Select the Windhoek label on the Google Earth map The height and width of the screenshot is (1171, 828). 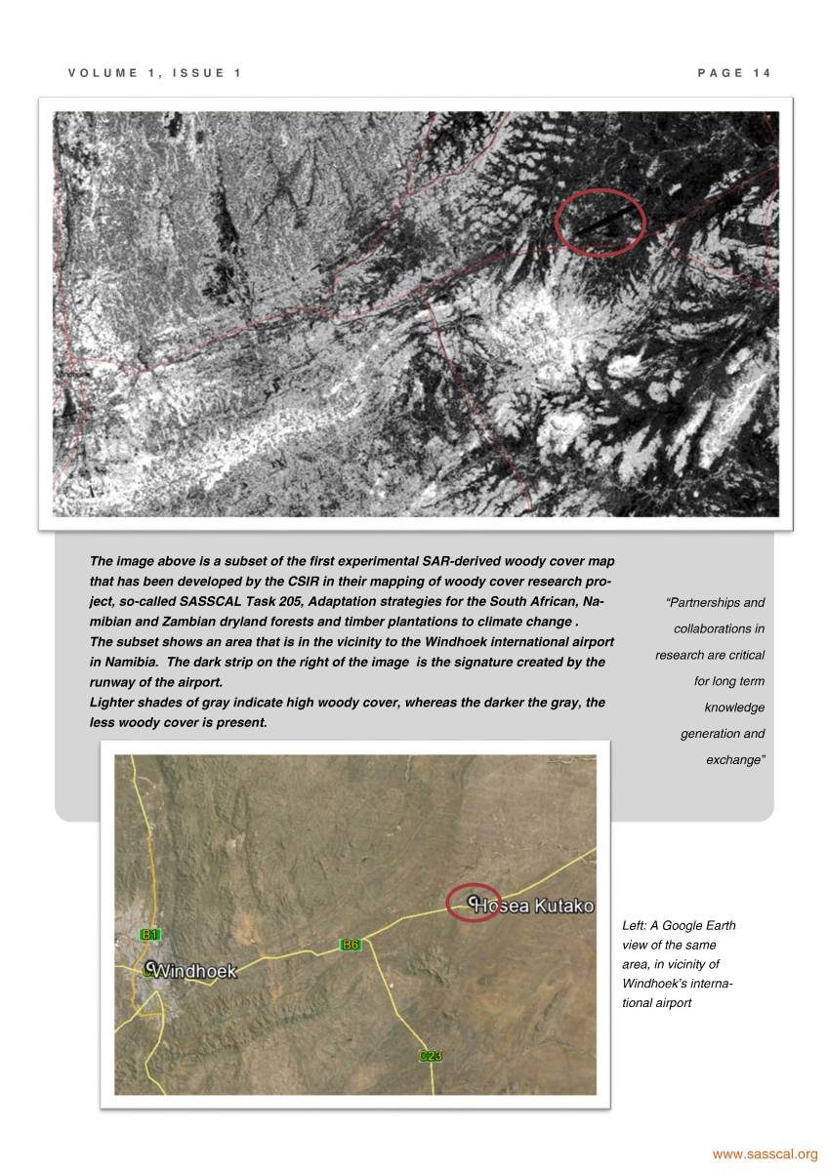[x=196, y=972]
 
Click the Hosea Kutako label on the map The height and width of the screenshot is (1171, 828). [x=533, y=907]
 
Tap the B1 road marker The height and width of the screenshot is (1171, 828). [x=149, y=935]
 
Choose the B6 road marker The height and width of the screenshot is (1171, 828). [x=351, y=945]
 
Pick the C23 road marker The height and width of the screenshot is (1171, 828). [x=431, y=1056]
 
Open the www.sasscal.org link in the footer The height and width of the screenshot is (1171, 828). [x=765, y=1154]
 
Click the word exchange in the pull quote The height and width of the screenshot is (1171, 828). [x=734, y=760]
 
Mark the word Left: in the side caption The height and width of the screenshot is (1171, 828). [x=635, y=925]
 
